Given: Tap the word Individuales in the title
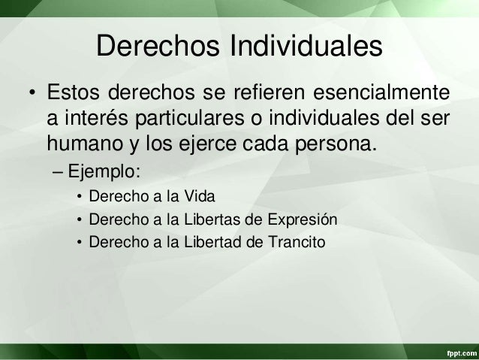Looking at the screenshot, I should click(303, 48).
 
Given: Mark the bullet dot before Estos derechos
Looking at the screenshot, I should click(32, 97).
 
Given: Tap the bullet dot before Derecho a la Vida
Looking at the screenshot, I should click(78, 198).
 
